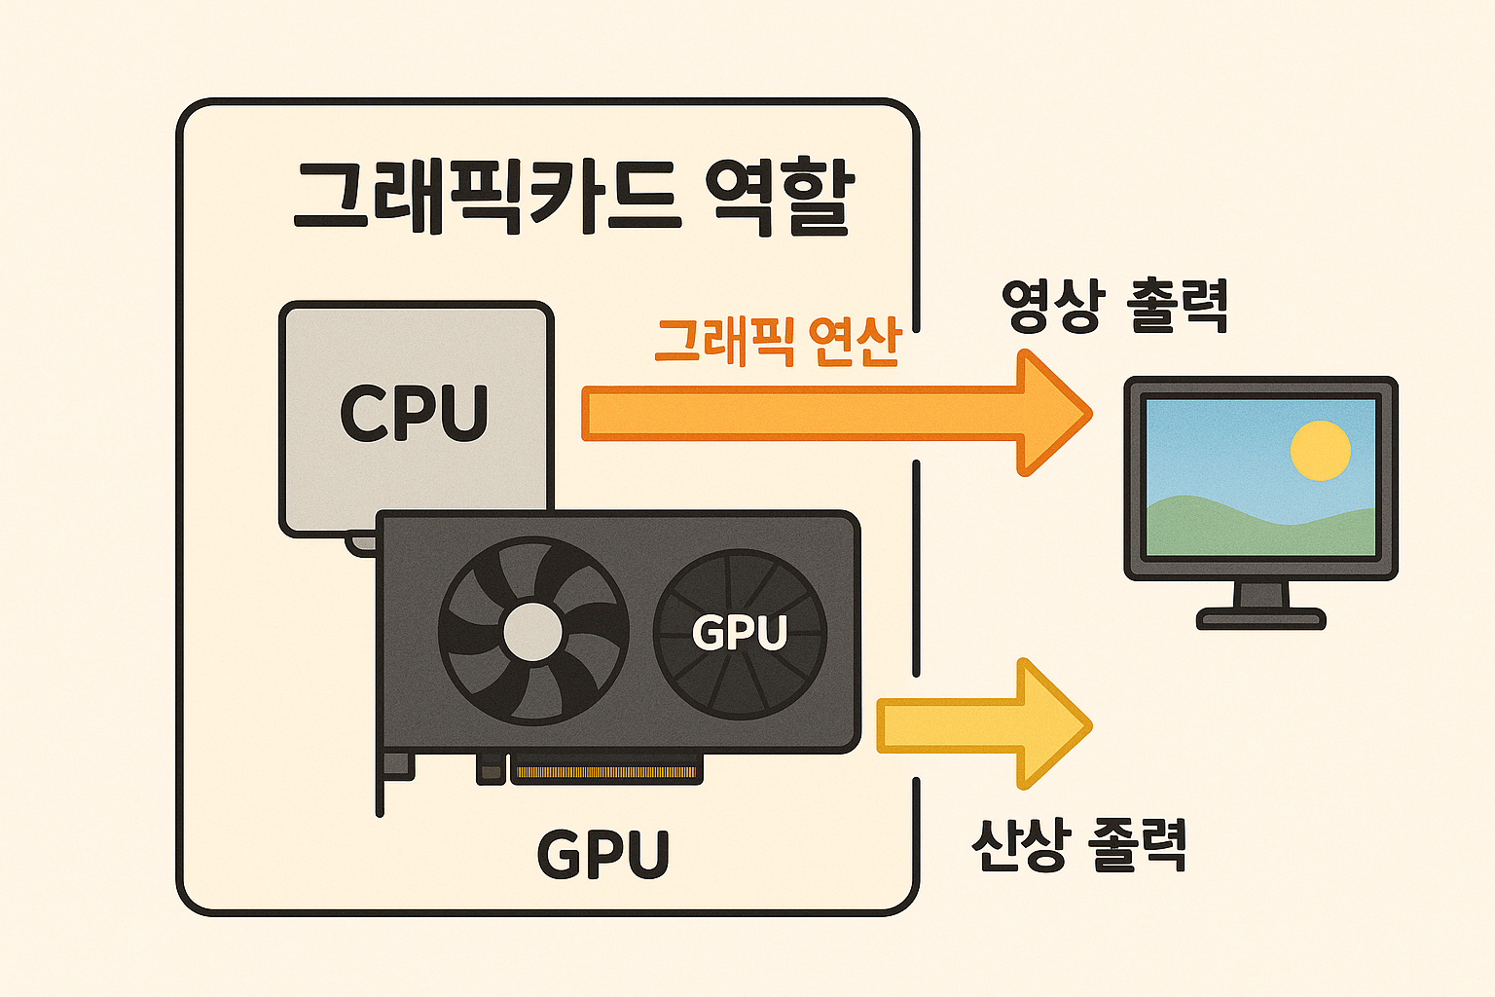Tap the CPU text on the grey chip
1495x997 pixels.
[414, 413]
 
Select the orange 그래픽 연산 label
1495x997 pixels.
[778, 342]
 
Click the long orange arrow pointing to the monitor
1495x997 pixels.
[798, 414]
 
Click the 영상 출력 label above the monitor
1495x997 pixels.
[1114, 307]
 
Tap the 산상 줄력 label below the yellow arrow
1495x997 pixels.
[1078, 845]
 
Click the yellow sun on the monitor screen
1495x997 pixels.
[1320, 451]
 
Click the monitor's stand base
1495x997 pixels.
[1260, 618]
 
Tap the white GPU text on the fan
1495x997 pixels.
[740, 633]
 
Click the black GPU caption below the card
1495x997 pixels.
[603, 855]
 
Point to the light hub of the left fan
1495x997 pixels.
[532, 632]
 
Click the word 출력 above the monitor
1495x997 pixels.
[1178, 307]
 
